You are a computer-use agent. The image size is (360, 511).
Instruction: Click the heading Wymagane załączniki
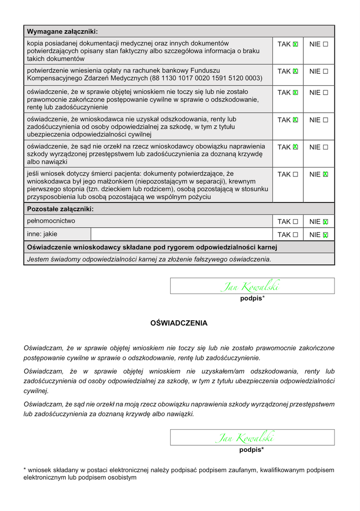(62, 32)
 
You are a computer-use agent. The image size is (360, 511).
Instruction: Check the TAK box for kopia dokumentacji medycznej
(295, 44)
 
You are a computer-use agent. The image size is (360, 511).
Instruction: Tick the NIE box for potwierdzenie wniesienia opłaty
(325, 71)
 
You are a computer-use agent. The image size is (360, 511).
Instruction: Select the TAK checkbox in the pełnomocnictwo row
(295, 221)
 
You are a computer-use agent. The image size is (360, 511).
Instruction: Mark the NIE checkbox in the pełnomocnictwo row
(325, 221)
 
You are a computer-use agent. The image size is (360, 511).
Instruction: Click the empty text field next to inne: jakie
(181, 234)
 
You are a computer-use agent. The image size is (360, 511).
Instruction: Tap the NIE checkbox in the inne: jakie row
(325, 235)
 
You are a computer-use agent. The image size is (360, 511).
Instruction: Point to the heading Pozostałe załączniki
(60, 209)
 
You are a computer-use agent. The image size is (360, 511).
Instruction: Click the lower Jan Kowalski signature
(245, 438)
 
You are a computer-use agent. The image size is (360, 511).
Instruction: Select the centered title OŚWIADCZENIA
(179, 323)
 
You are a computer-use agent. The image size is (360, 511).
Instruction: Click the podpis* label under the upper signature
(252, 298)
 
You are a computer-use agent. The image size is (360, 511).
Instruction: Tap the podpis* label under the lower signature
(251, 450)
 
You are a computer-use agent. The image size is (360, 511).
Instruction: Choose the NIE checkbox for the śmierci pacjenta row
(325, 174)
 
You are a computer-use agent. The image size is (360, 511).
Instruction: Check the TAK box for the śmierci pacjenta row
(295, 174)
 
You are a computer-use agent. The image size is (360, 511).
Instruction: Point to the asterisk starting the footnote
(25, 470)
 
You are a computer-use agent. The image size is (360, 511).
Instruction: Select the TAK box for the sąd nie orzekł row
(295, 147)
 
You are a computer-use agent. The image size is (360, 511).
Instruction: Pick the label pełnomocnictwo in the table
(51, 221)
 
